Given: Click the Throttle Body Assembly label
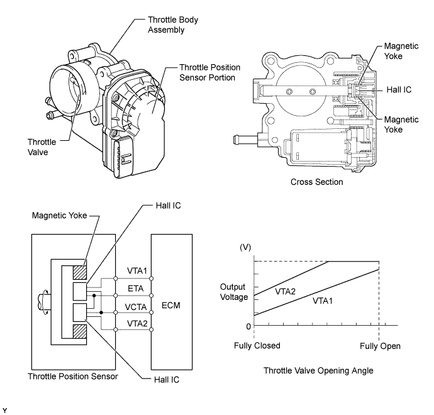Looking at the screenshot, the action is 173,25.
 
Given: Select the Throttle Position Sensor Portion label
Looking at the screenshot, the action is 210,72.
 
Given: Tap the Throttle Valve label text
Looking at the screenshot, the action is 42,147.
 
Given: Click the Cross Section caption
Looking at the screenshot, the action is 316,182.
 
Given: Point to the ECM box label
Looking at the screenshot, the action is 171,305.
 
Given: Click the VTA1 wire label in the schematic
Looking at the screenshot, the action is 137,270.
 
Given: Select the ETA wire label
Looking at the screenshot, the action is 136,289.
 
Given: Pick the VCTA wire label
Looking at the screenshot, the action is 136,307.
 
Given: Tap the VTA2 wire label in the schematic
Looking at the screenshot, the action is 137,323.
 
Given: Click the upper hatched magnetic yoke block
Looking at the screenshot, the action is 80,272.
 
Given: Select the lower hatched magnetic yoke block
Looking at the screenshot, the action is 80,331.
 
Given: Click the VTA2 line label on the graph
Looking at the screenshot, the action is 285,291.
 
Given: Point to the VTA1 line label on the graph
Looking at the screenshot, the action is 323,301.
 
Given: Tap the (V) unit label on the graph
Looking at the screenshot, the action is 245,247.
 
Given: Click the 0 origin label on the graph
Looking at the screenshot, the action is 248,326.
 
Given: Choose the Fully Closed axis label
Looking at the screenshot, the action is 257,346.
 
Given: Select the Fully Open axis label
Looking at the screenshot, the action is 380,346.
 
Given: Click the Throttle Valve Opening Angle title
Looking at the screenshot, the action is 318,370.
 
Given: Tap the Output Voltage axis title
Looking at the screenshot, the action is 233,292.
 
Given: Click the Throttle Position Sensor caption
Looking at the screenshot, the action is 73,376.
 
